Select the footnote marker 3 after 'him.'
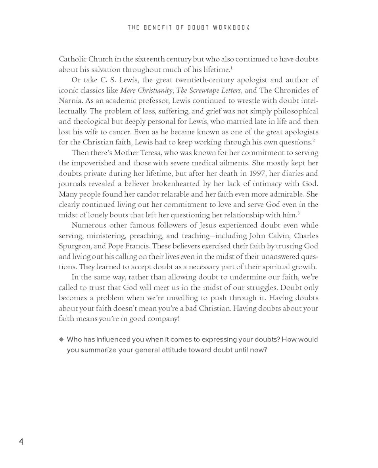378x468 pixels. click(x=298, y=213)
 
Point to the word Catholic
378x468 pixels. click(x=72, y=59)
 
